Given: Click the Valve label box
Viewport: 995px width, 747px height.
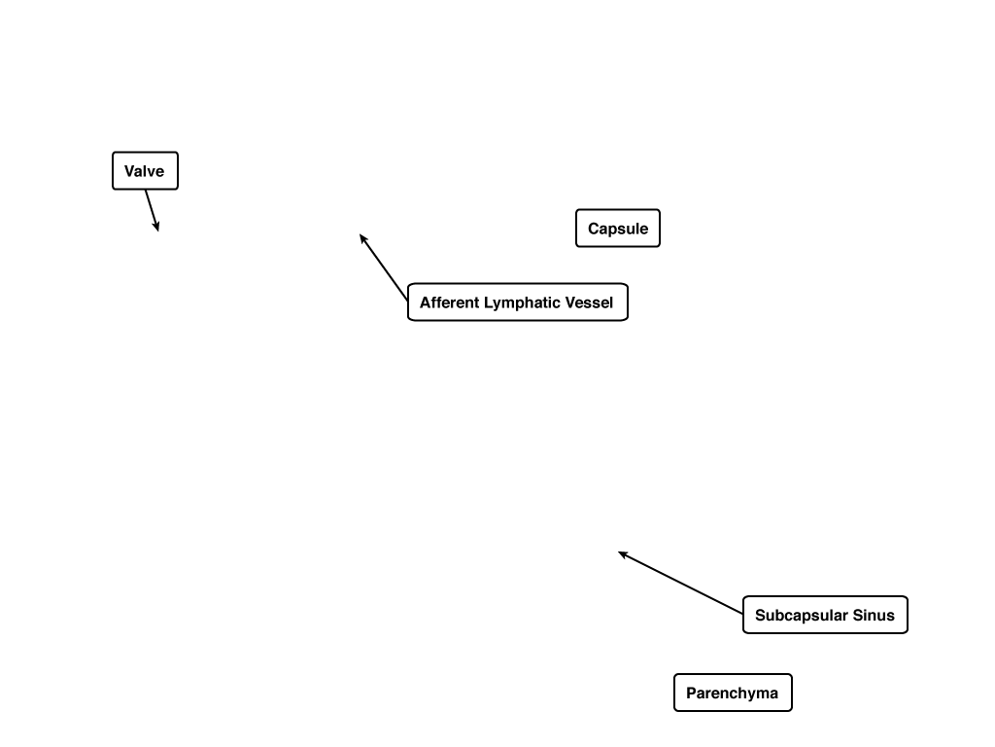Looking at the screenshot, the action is click(x=146, y=171).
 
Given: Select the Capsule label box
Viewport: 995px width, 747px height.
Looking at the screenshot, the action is click(x=618, y=228).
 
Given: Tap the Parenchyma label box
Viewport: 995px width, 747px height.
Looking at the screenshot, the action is click(x=733, y=693).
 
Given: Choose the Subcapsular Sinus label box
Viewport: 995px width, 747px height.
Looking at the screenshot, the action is click(x=826, y=615).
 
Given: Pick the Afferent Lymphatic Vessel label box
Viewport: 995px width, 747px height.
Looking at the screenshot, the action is click(x=518, y=302).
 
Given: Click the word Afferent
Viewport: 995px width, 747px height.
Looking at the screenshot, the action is click(x=449, y=302).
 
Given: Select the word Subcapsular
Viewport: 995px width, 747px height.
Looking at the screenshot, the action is click(x=802, y=616).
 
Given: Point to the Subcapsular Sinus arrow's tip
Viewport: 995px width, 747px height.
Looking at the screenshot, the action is click(x=619, y=552).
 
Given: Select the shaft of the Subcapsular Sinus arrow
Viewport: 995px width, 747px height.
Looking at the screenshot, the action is click(x=680, y=584).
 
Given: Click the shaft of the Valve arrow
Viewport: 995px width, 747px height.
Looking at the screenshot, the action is click(x=152, y=210).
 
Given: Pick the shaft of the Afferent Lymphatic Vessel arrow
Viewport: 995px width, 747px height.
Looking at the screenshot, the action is click(x=383, y=267).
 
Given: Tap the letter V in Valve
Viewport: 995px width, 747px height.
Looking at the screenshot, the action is click(x=129, y=171).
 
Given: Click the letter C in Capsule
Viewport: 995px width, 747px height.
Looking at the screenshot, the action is click(x=594, y=229).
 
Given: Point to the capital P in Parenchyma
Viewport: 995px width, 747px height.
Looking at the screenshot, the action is click(x=692, y=693).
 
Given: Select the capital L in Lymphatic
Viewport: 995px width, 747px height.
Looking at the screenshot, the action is click(x=488, y=302).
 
